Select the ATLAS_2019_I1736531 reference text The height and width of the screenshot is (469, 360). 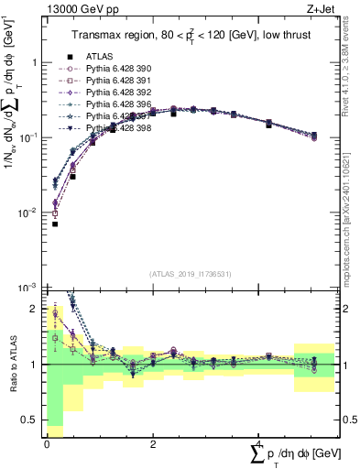coord(190,274)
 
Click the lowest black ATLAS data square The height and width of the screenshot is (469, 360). coord(55,224)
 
